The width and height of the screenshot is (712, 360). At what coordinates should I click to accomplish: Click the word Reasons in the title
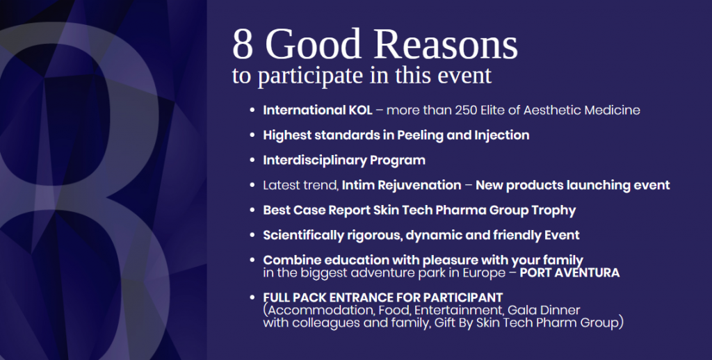(446, 44)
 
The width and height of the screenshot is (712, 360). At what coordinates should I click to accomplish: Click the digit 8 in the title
(243, 44)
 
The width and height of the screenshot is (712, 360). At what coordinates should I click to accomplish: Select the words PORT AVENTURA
(569, 273)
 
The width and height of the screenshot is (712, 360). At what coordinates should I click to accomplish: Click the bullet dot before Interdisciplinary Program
(252, 161)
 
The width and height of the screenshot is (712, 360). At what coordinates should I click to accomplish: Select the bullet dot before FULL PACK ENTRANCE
(252, 298)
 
